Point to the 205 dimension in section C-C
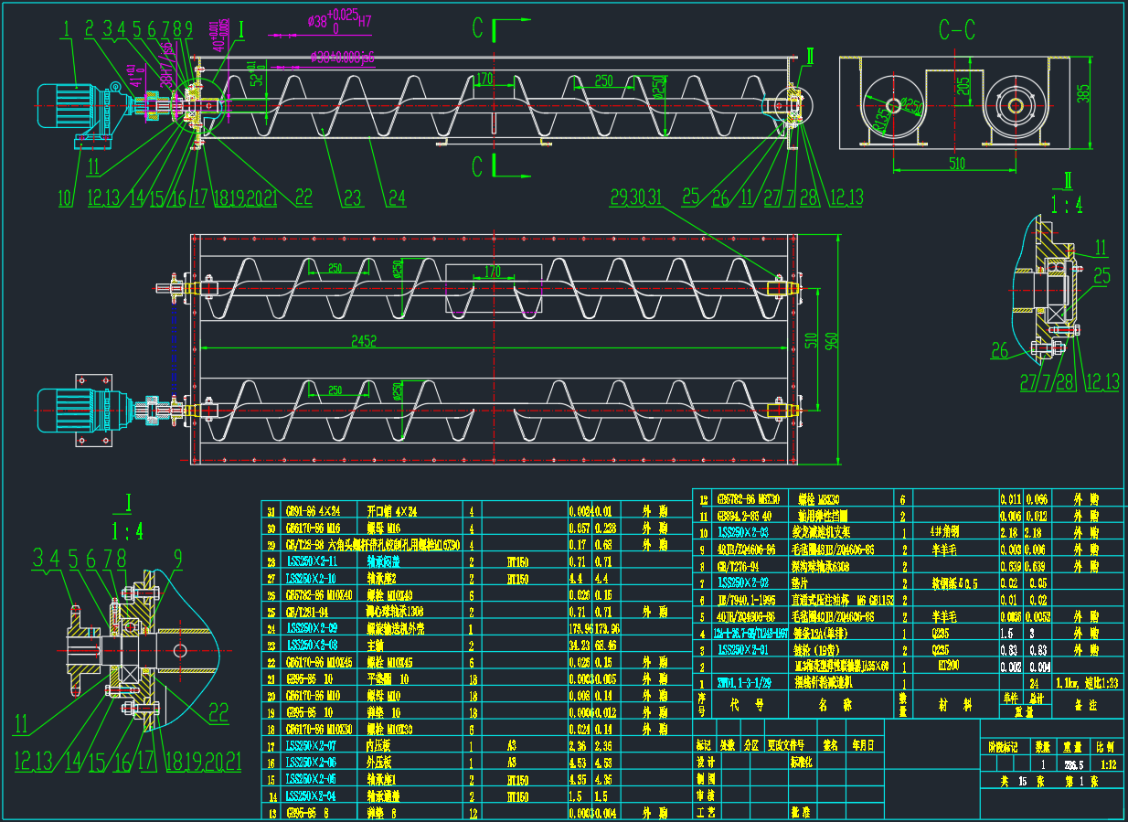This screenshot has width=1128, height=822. [963, 87]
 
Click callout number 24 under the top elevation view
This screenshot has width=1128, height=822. [396, 197]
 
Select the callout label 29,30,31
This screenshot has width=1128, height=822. [636, 196]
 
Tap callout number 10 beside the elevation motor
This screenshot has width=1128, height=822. [64, 197]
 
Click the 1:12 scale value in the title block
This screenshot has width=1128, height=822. [1107, 763]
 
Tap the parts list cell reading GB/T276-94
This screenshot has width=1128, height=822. [741, 566]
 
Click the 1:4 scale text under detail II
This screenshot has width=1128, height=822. [1067, 205]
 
